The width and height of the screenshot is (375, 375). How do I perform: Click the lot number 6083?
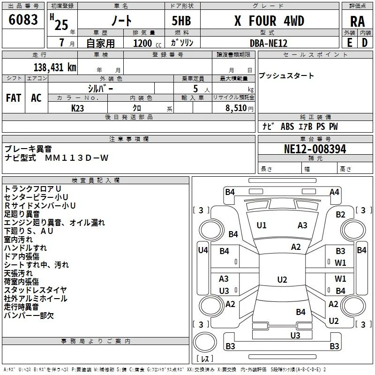coord(23,20)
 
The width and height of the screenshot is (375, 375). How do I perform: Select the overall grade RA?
coord(357,22)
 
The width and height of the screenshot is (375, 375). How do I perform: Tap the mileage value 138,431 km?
coord(55,67)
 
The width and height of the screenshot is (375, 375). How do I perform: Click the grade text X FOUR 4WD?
coord(269,21)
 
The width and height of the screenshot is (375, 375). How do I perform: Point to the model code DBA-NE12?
coord(268,43)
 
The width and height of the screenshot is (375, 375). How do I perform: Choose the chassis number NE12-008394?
coord(315,149)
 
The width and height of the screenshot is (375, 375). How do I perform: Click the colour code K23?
coord(77,108)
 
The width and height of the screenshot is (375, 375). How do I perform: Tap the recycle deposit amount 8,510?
coord(236,108)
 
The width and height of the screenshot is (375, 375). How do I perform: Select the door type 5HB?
coord(181,21)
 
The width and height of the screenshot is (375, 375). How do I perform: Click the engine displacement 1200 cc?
coord(147,43)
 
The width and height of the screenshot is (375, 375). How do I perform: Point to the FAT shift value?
coord(14,98)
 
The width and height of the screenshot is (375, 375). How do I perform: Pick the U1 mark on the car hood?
coord(262,225)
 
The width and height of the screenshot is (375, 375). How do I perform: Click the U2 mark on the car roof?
coord(282,279)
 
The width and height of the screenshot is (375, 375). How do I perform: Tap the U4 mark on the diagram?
coord(203,250)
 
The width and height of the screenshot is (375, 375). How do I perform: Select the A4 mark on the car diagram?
coord(334,192)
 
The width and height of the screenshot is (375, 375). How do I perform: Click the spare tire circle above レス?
coord(205,342)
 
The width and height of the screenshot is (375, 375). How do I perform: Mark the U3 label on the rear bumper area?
coord(295,335)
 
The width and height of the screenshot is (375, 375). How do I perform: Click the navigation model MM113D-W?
coord(77,158)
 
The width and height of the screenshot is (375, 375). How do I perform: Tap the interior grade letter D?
coord(365,43)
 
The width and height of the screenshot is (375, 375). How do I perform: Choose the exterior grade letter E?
coord(350,43)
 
